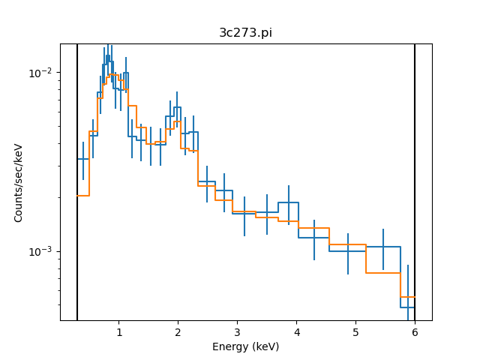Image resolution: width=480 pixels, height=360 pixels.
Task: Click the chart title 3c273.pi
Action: click(x=245, y=32)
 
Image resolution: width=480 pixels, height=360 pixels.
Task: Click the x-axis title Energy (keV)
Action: click(x=245, y=346)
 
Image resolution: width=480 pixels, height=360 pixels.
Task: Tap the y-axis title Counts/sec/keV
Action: click(x=19, y=182)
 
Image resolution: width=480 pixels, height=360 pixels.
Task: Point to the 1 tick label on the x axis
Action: click(x=118, y=331)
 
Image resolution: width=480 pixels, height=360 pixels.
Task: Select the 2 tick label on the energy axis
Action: click(x=178, y=331)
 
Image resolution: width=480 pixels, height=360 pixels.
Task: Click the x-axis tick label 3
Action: click(x=237, y=331)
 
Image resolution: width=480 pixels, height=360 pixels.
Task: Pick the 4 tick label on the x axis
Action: click(x=296, y=331)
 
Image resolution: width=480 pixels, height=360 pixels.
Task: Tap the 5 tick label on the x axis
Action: click(x=355, y=331)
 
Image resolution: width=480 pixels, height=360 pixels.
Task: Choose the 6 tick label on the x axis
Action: click(x=415, y=331)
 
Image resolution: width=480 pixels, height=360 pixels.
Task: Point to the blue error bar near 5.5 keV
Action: click(x=383, y=247)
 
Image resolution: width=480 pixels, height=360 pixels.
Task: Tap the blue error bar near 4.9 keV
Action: click(x=348, y=252)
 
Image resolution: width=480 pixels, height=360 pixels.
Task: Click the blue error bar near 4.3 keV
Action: click(x=314, y=238)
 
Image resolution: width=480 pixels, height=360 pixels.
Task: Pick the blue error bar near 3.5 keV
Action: click(x=267, y=213)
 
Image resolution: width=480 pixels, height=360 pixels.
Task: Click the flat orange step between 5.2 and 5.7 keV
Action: click(x=383, y=272)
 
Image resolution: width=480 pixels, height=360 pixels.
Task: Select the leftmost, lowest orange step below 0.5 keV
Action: click(x=83, y=196)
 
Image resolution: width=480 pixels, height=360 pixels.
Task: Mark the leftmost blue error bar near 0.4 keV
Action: click(x=83, y=160)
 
